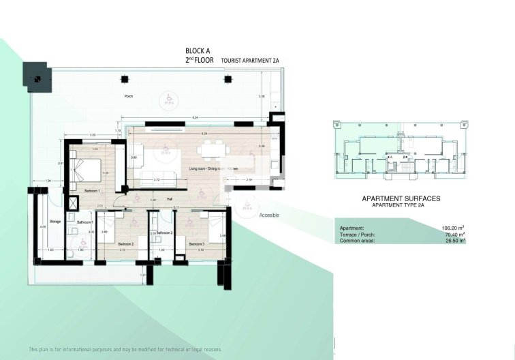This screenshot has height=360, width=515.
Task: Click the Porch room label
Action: (x=129, y=97)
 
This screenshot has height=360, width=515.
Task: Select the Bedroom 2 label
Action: (x=125, y=243)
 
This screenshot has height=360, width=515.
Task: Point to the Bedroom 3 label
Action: (x=197, y=243)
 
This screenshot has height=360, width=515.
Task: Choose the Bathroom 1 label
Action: (x=84, y=222)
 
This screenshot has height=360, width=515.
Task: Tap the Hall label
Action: (x=170, y=199)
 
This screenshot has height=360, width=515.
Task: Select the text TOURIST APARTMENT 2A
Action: (x=251, y=61)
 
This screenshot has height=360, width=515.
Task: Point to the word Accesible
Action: (x=269, y=215)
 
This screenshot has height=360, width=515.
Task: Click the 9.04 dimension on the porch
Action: (x=195, y=117)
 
